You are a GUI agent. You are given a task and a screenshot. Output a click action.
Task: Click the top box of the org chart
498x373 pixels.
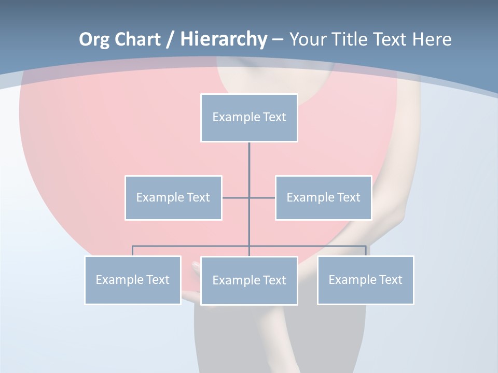click(x=249, y=118)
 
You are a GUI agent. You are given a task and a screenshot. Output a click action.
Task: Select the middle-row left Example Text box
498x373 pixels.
click(x=173, y=198)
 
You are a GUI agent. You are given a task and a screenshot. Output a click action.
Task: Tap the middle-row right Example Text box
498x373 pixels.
click(x=323, y=198)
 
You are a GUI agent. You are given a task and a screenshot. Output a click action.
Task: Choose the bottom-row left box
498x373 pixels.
click(x=133, y=280)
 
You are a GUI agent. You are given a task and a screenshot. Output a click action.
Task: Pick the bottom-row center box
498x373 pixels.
click(x=249, y=281)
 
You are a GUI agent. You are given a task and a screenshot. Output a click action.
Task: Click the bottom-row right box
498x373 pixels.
click(x=365, y=280)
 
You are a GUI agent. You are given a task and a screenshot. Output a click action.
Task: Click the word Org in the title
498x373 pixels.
click(x=94, y=39)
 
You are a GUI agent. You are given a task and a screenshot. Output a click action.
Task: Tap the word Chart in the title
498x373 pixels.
click(x=137, y=39)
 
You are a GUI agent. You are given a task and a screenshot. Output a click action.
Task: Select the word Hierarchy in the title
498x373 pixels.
click(x=223, y=39)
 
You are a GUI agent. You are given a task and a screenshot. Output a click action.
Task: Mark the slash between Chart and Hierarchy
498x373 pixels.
click(x=170, y=39)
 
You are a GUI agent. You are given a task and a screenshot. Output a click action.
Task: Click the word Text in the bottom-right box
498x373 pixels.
click(x=391, y=280)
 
